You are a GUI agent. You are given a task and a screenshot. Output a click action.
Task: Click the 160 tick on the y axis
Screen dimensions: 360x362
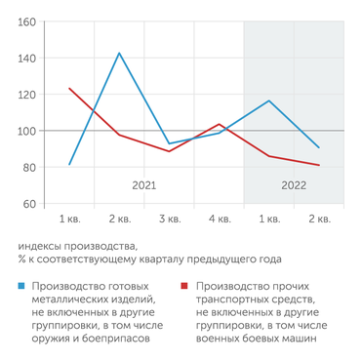pyautogui.click(x=26, y=21)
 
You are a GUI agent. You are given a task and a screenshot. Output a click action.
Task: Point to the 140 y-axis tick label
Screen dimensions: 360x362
pyautogui.click(x=26, y=59)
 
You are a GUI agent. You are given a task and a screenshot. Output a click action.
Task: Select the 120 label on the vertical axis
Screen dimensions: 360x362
pyautogui.click(x=26, y=95)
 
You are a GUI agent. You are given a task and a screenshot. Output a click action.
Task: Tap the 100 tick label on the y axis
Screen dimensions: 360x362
pyautogui.click(x=26, y=131)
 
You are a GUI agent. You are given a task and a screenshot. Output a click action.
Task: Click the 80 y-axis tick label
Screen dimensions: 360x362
pyautogui.click(x=28, y=168)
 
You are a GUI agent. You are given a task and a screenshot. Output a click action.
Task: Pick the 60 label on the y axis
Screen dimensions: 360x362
pyautogui.click(x=28, y=204)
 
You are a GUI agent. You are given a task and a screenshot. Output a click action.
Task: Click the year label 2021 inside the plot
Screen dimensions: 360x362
pyautogui.click(x=144, y=183)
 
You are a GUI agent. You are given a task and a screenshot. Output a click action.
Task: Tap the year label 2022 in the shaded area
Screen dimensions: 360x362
pyautogui.click(x=294, y=183)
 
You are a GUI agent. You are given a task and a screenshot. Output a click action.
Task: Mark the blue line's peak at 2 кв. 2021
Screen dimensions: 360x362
pyautogui.click(x=119, y=53)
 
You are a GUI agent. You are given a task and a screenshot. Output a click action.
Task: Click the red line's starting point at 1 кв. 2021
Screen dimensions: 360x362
pyautogui.click(x=69, y=89)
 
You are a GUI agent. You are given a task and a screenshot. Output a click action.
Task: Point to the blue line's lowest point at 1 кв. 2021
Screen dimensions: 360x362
pyautogui.click(x=69, y=165)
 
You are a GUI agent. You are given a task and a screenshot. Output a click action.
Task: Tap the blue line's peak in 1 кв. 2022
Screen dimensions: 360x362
pyautogui.click(x=269, y=100)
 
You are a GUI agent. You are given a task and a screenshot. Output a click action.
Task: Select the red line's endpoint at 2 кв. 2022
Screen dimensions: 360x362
pyautogui.click(x=319, y=165)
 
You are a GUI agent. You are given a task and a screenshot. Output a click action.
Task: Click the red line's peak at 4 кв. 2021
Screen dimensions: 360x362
pyautogui.click(x=220, y=124)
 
